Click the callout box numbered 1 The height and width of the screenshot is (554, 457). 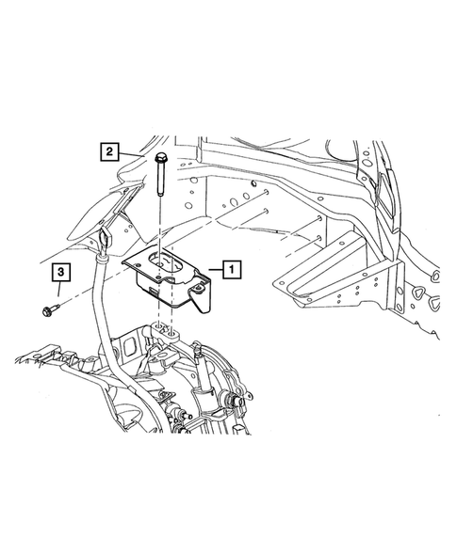click(x=231, y=269)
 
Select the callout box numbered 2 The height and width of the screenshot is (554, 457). click(x=110, y=150)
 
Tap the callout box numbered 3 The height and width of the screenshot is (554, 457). click(x=59, y=273)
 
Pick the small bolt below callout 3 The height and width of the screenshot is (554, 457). click(x=48, y=309)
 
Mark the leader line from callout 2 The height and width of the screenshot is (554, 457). click(x=132, y=152)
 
